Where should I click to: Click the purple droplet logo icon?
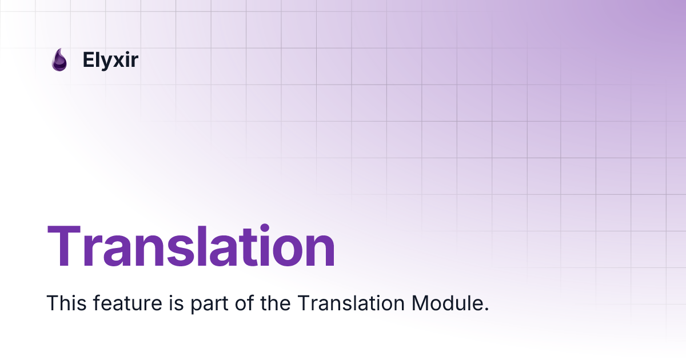[x=59, y=60]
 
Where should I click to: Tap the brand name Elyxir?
[x=110, y=60]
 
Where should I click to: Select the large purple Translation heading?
[x=191, y=247]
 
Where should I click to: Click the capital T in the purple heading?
[x=65, y=247]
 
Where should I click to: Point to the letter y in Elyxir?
[x=106, y=63]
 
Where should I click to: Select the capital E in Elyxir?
[x=88, y=60]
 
